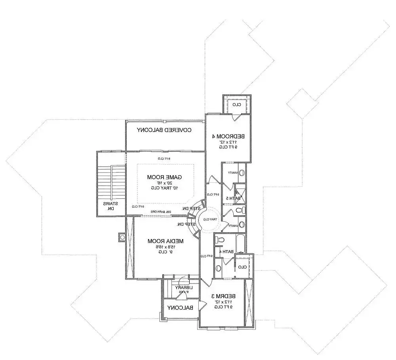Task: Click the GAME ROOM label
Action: (165, 176)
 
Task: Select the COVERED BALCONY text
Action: (164, 130)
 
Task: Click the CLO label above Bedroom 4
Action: (236, 105)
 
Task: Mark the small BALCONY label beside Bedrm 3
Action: (180, 308)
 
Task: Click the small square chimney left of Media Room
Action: (122, 237)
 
